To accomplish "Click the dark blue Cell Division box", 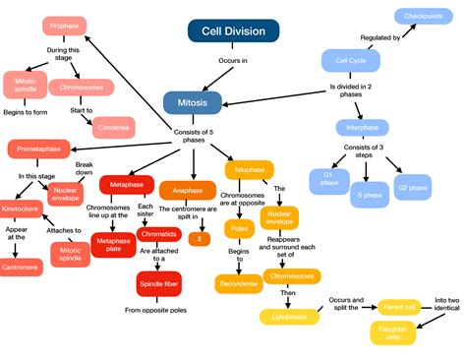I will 227,30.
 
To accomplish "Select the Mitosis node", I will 192,101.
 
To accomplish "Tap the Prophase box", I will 65,27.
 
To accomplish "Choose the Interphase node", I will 362,127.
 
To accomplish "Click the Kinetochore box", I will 21,209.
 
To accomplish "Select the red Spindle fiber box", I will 159,284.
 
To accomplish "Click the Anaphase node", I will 188,189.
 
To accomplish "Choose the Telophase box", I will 249,170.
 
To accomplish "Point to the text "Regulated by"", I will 380,37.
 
